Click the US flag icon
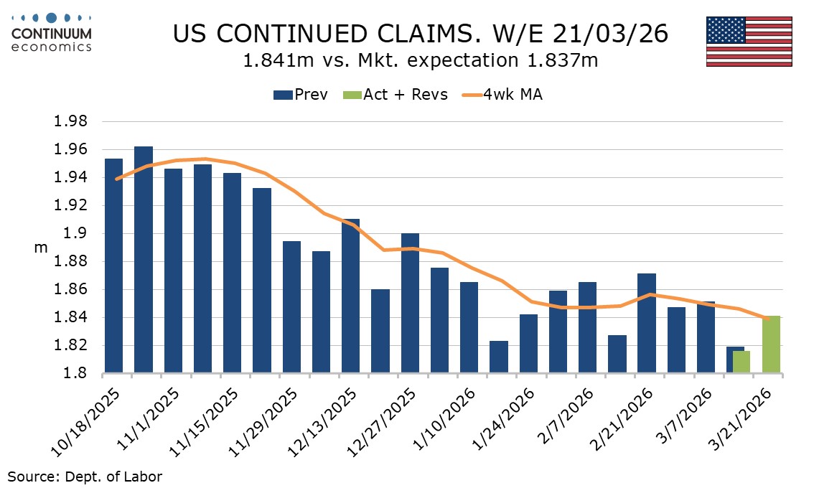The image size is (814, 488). click(x=749, y=41)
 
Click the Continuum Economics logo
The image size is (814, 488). click(x=51, y=32)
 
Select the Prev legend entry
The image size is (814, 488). click(x=300, y=94)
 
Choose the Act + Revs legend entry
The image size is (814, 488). click(x=396, y=94)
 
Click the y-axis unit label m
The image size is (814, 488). click(x=40, y=248)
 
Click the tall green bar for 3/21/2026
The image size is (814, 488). click(x=771, y=345)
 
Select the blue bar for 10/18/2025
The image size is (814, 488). click(x=113, y=266)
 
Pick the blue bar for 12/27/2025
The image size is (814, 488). click(x=410, y=304)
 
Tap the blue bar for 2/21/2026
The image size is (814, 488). click(x=646, y=324)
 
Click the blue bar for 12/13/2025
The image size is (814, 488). click(x=350, y=296)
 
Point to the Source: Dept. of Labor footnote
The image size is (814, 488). click(x=85, y=476)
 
